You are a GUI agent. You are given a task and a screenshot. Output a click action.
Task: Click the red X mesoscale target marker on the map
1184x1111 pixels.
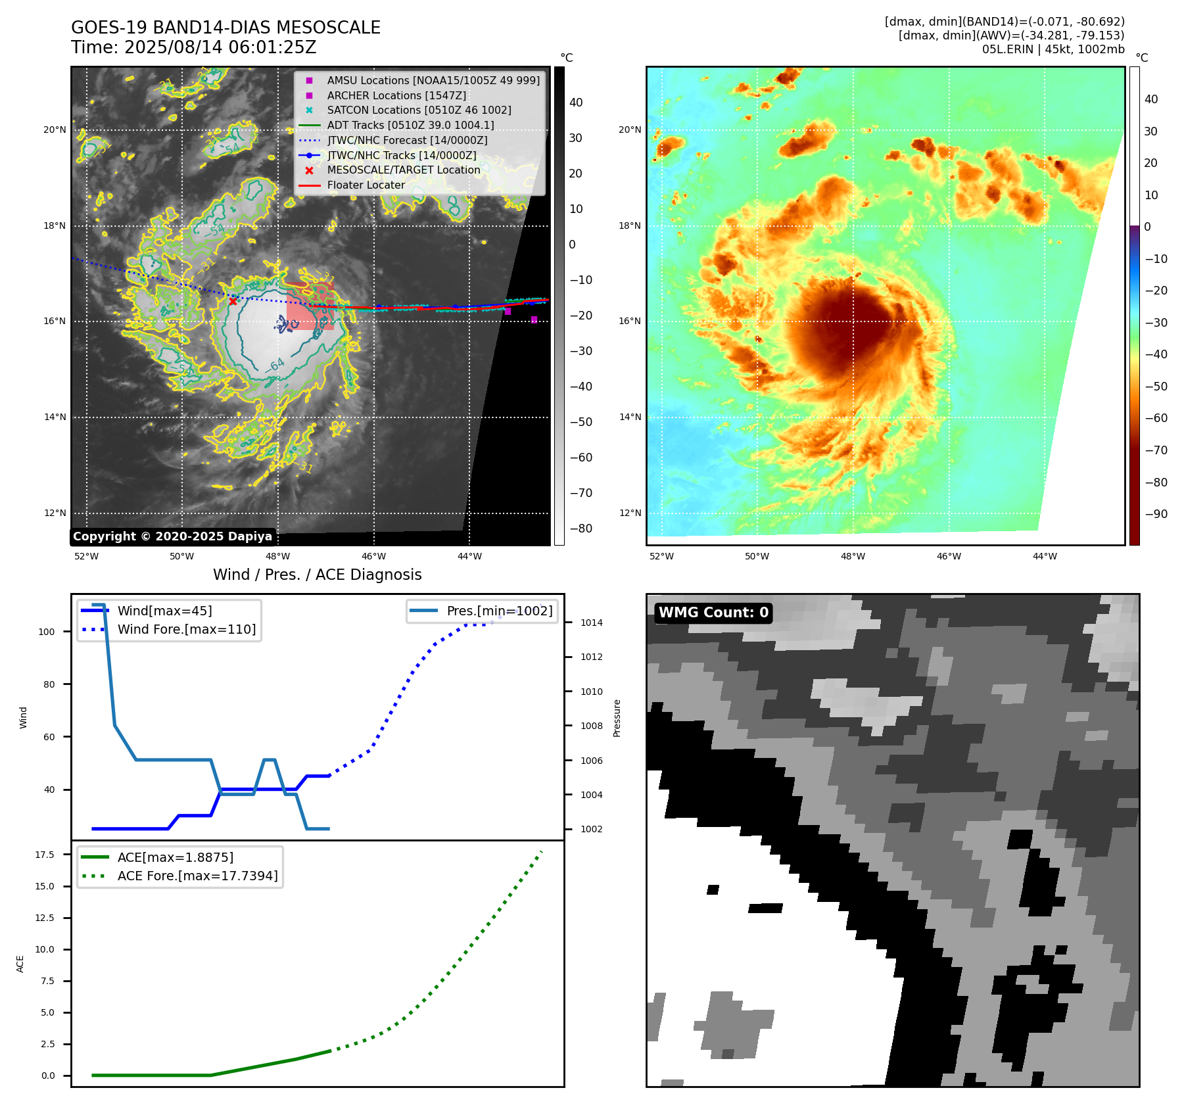click(233, 301)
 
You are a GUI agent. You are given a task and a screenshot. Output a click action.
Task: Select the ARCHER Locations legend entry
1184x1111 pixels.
click(396, 95)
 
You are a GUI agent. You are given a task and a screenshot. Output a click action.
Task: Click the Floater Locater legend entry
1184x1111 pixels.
click(366, 185)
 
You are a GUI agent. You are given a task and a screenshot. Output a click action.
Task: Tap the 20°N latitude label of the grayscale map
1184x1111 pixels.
click(55, 130)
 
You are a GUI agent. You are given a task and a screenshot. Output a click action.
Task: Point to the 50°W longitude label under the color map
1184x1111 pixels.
click(757, 557)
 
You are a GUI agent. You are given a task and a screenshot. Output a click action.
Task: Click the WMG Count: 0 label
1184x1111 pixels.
click(713, 613)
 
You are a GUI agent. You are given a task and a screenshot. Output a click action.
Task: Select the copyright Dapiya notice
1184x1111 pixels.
click(172, 536)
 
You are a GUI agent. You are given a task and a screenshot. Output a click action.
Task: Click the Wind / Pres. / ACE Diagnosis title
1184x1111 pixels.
click(317, 575)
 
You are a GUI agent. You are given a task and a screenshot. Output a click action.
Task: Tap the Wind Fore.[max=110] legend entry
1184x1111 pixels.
click(187, 629)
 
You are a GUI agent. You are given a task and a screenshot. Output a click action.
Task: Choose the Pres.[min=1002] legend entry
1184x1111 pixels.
click(499, 611)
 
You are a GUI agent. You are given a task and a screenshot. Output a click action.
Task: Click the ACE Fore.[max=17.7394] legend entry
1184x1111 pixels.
click(197, 876)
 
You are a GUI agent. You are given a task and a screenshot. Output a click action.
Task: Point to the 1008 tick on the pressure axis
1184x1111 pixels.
click(591, 726)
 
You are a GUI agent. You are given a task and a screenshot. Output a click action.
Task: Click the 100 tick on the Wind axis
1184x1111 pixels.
click(47, 632)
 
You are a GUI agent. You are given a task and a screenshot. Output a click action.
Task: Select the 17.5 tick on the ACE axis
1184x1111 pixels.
click(45, 855)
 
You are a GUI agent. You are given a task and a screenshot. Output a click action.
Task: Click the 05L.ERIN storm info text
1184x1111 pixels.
click(1053, 49)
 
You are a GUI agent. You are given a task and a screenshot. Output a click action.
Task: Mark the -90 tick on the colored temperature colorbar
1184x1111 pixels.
click(1156, 514)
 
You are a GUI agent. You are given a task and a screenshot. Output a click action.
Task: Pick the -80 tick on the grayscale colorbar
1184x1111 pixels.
click(580, 529)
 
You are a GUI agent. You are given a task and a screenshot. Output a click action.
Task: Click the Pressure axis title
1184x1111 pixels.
click(617, 718)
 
